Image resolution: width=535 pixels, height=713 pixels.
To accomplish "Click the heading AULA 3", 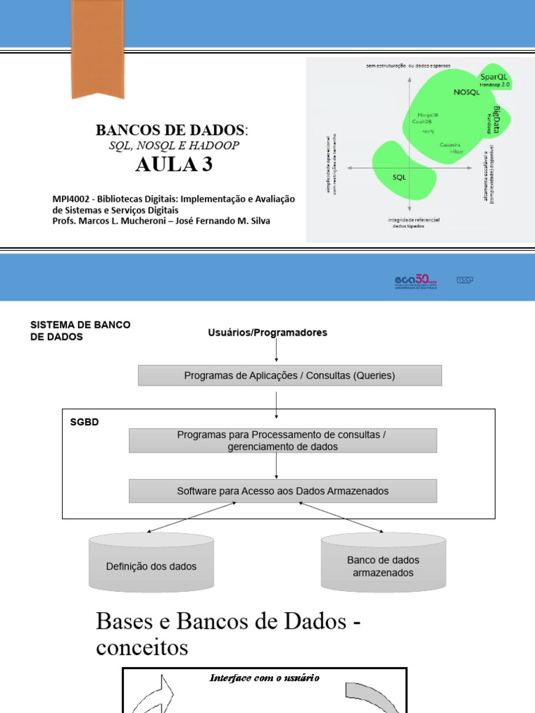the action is point(173,165).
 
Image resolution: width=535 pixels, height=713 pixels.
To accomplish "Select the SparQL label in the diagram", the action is point(493,76).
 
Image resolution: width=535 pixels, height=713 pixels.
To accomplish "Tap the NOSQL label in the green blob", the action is point(467,92).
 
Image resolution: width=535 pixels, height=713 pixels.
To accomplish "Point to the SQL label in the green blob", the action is point(399,177).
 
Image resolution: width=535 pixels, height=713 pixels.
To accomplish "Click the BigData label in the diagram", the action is point(497,118).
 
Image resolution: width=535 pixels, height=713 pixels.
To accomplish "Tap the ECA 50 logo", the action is point(416,281).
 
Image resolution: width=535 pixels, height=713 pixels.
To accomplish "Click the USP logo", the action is point(465,280).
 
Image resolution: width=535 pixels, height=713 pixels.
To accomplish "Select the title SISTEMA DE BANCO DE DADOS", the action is point(80,331).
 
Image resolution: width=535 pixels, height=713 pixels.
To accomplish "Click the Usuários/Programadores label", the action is point(267,333).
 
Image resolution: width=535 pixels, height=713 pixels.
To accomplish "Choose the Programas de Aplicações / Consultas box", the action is point(289,375).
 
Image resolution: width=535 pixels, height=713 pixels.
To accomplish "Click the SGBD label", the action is point(84,422).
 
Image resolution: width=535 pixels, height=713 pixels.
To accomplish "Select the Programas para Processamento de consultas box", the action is point(283,440).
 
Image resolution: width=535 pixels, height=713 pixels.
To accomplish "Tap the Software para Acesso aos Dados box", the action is point(283,491).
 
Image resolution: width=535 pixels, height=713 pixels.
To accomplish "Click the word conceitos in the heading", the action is point(142,648).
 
